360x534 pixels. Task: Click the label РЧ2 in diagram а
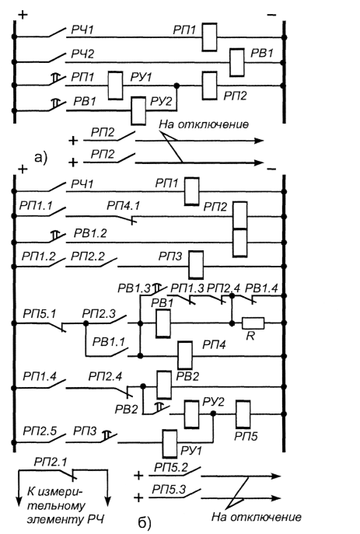coord(82,54)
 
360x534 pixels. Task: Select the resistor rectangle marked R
coord(253,323)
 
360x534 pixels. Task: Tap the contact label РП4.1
coord(124,206)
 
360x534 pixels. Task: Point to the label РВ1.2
coord(90,233)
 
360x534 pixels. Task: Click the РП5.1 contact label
coord(39,313)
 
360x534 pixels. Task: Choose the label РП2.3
coord(99,313)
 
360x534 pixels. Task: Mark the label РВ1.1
coord(109,341)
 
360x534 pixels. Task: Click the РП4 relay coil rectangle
coord(185,355)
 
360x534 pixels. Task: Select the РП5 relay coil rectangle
coord(243,414)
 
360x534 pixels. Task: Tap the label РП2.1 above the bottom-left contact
coord(51,462)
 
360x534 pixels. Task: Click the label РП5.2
coord(171,467)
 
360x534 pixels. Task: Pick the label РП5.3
coord(169,490)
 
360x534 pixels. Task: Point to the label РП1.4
coord(40,376)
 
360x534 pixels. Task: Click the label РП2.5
coord(40,431)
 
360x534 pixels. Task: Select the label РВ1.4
coord(261,288)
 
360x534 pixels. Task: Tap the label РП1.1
coord(36,206)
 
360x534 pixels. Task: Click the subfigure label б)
coord(145,523)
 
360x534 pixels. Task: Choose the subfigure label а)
coord(41,158)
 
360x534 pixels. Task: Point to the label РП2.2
coord(88,256)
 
